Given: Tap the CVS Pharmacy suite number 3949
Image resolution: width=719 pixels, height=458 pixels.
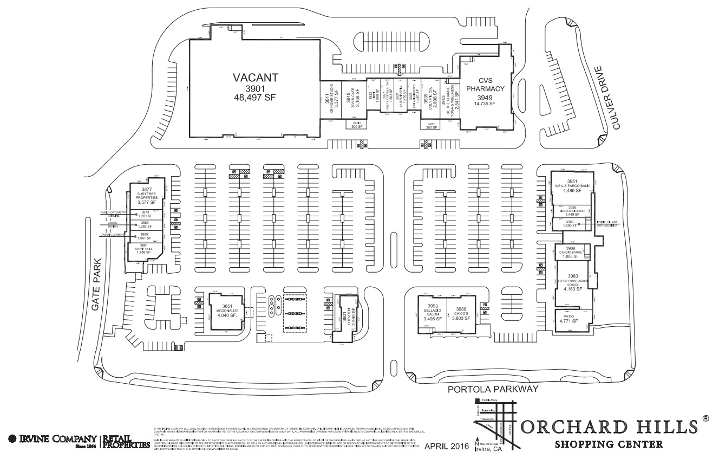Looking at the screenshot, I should (x=485, y=98).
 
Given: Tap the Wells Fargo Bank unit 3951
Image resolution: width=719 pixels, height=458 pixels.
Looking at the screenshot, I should (x=572, y=186).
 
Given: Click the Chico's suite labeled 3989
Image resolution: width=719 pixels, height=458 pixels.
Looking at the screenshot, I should (x=460, y=314).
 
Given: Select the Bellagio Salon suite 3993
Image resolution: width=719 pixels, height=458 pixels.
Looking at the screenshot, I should (x=432, y=314).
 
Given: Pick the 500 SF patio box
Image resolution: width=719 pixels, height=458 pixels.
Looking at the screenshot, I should (x=356, y=125).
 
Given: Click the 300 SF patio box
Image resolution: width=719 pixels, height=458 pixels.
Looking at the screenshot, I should (x=431, y=125).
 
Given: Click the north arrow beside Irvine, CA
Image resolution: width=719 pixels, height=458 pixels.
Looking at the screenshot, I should (x=476, y=442).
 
